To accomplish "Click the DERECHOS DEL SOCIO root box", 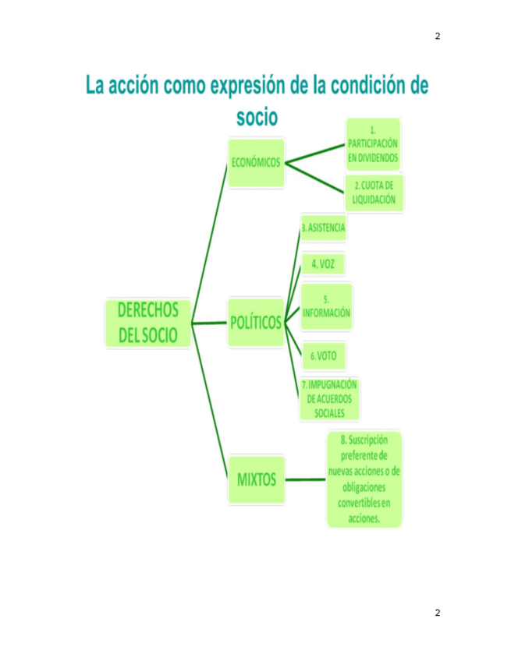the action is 148,323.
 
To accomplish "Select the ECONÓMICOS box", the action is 256,163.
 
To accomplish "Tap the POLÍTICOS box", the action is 256,321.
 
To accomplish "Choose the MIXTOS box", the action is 256,479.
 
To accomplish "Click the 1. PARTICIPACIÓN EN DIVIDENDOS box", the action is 373,144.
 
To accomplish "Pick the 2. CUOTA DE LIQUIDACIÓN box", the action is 374,193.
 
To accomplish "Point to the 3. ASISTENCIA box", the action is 323,228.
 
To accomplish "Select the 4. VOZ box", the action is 322,264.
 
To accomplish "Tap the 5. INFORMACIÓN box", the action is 326,306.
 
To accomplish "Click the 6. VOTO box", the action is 323,355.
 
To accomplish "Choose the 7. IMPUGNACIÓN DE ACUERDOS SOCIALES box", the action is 329,398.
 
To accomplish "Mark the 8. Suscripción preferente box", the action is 364,479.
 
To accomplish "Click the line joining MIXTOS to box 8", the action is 305,479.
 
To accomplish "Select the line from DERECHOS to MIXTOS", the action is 209,398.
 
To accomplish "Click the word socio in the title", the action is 257,117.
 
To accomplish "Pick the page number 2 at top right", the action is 437,36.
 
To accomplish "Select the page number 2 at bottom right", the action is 437,613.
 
